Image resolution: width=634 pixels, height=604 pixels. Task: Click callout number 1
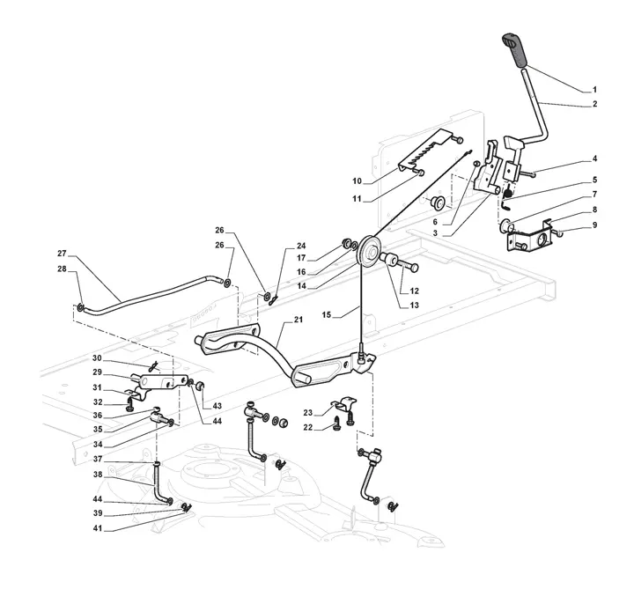point(593,90)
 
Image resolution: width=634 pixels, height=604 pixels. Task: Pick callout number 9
point(594,225)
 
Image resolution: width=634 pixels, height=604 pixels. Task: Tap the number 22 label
point(309,428)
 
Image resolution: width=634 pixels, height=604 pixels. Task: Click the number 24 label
point(300,247)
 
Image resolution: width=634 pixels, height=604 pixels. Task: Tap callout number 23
point(309,412)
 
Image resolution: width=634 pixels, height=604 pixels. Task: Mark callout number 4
point(594,159)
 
